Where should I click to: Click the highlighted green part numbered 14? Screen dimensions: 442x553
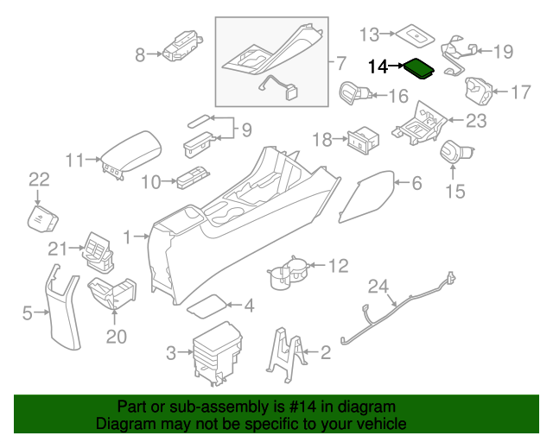tap(420, 67)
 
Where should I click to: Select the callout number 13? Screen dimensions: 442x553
tap(370, 35)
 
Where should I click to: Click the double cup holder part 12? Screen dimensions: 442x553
tap(287, 271)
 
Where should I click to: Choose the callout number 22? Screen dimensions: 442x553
tap(40, 180)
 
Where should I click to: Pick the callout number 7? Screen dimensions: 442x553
tap(340, 63)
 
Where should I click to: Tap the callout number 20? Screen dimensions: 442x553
tap(115, 335)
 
